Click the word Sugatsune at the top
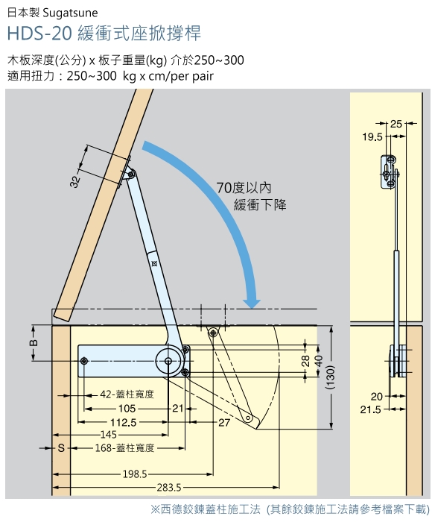point(70,13)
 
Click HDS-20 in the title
point(39,34)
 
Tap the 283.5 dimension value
point(169,488)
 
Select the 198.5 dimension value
point(135,474)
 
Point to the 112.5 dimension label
point(124,423)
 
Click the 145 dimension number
point(109,435)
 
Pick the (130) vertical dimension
point(329,378)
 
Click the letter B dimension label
point(34,343)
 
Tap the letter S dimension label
point(61,448)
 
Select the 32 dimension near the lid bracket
point(76,182)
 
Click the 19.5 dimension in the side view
point(372,136)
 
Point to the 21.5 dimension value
point(370,409)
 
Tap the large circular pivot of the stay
point(168,361)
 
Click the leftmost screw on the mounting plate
point(84,361)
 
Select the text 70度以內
point(244,188)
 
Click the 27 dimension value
point(224,423)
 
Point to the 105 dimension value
point(127,408)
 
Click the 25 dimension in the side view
point(396,124)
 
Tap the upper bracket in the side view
point(389,172)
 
